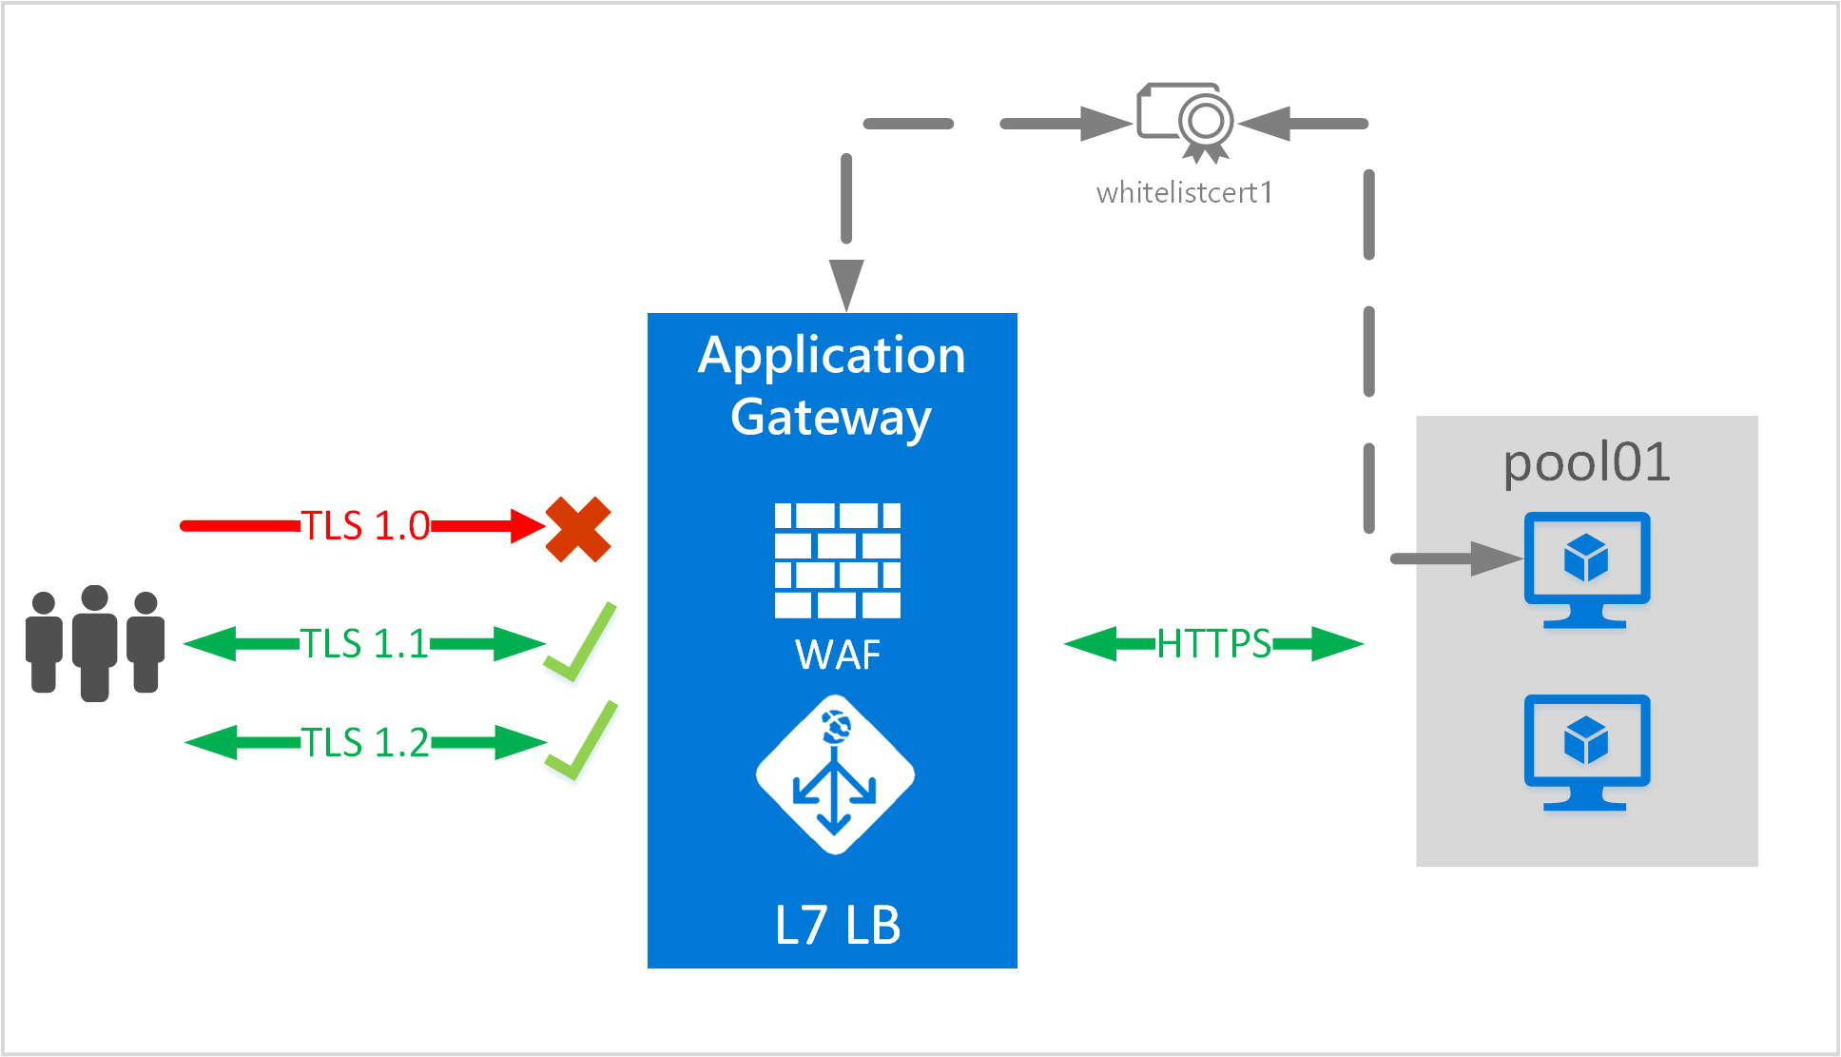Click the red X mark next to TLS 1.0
[578, 529]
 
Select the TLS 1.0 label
[365, 526]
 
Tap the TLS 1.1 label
[365, 644]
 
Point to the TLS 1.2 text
[365, 743]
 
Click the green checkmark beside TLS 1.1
[581, 642]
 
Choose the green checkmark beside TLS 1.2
[582, 741]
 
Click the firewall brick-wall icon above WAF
[837, 560]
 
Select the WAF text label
[837, 655]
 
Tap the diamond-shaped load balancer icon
[835, 774]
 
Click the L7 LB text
[837, 925]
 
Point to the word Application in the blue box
[831, 356]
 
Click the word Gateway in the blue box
[831, 418]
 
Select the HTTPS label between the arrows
[1213, 644]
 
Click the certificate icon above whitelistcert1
[1186, 122]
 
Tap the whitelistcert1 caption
[1184, 193]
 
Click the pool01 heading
[1586, 462]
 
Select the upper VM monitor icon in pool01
[1586, 569]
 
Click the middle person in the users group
[95, 642]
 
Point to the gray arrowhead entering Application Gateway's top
[845, 284]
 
